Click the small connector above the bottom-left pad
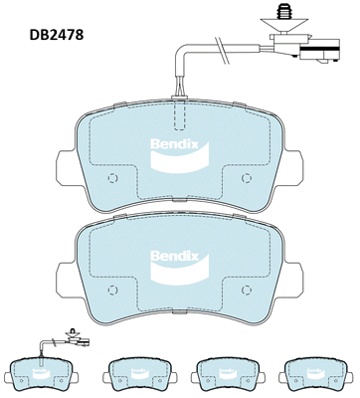[72, 336]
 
